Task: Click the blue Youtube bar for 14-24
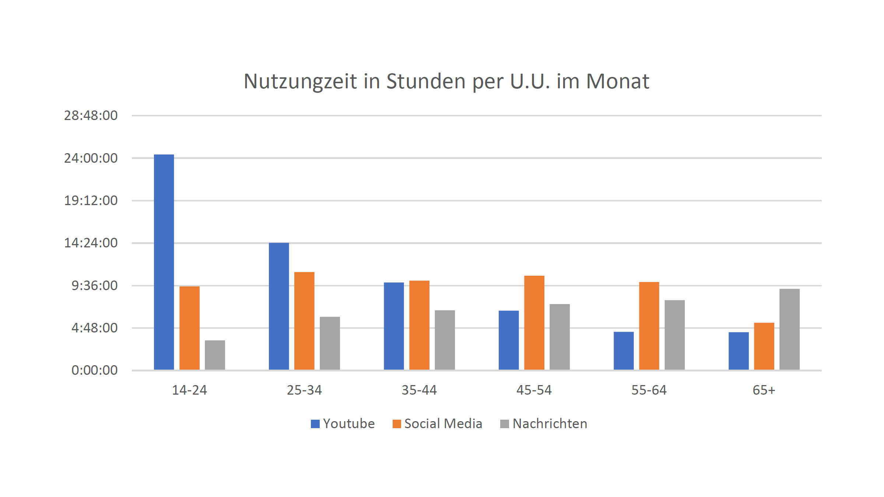[x=164, y=262]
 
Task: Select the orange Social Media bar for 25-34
[x=304, y=321]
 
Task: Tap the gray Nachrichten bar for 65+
[x=789, y=329]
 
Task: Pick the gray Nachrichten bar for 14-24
[x=215, y=355]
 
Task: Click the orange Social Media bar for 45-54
[x=534, y=322]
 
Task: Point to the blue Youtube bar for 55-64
[x=624, y=350]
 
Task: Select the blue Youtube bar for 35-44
[x=394, y=326]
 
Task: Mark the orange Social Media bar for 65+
[x=764, y=346]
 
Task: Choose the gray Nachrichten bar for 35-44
[x=445, y=340]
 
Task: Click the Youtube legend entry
[x=343, y=424]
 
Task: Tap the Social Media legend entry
[x=438, y=424]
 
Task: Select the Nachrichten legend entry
[x=544, y=424]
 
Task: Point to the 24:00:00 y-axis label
[x=91, y=158]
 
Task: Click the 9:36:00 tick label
[x=95, y=286]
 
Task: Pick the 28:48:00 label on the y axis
[x=91, y=116]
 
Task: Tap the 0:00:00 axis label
[x=95, y=370]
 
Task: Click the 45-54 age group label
[x=534, y=390]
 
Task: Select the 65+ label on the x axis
[x=764, y=390]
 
